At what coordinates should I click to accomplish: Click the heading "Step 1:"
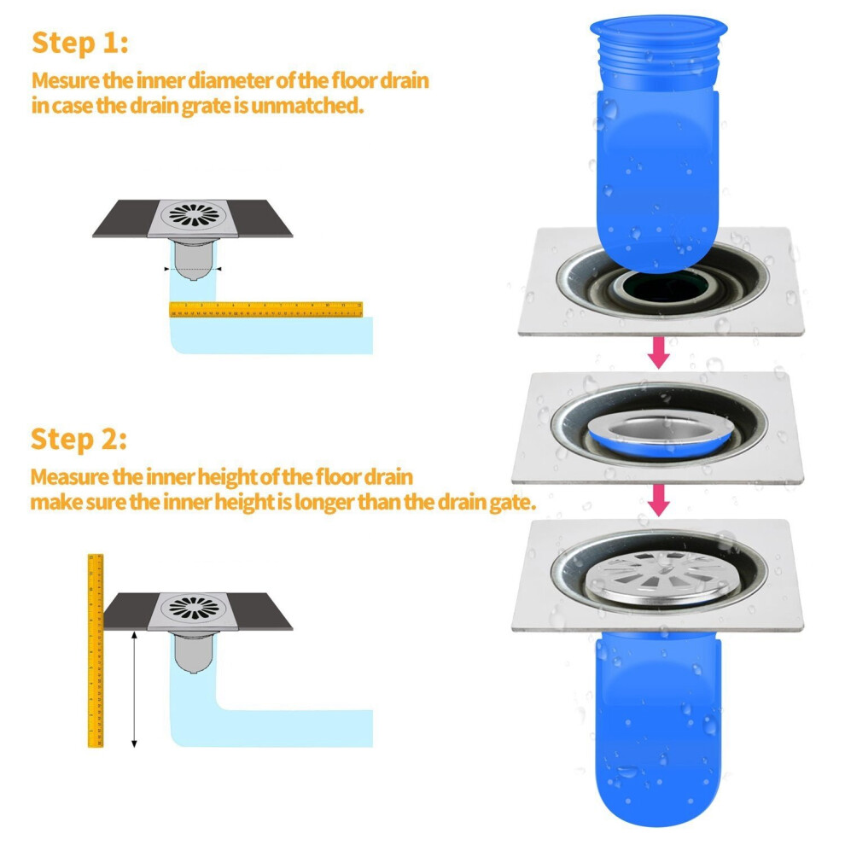pos(80,42)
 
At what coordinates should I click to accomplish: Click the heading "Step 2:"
pos(80,440)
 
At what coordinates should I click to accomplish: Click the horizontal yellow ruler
pos(265,309)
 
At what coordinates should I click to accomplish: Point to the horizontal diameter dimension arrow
pos(193,268)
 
